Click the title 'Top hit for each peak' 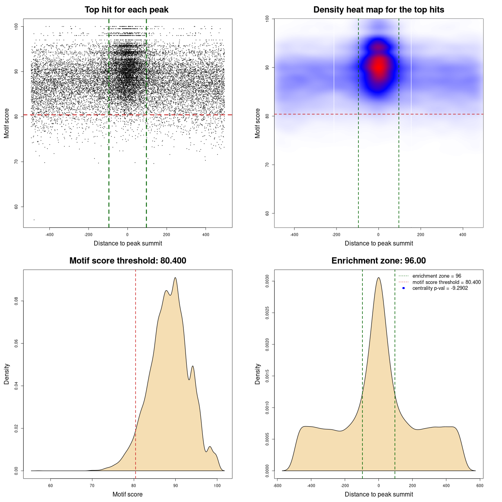point(126,10)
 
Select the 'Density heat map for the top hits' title point(378,10)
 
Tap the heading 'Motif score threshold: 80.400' point(127,261)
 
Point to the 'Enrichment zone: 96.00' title point(378,261)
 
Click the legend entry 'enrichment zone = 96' point(437,276)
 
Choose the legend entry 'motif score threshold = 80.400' point(446,282)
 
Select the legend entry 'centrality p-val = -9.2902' point(440,288)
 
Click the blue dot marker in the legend point(404,288)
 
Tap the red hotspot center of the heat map point(378,67)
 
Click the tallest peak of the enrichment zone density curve point(378,278)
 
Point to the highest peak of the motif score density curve point(175,278)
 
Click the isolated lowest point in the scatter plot point(34,220)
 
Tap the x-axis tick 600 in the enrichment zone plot point(480,486)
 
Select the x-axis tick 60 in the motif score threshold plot point(50,486)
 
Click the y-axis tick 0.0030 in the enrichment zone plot point(267,281)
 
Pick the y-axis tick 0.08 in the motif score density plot point(16,301)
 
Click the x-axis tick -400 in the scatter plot point(49,235)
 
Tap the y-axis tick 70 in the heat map point(267,165)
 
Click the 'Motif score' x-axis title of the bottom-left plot point(127,494)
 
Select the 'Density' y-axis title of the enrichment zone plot point(258,374)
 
